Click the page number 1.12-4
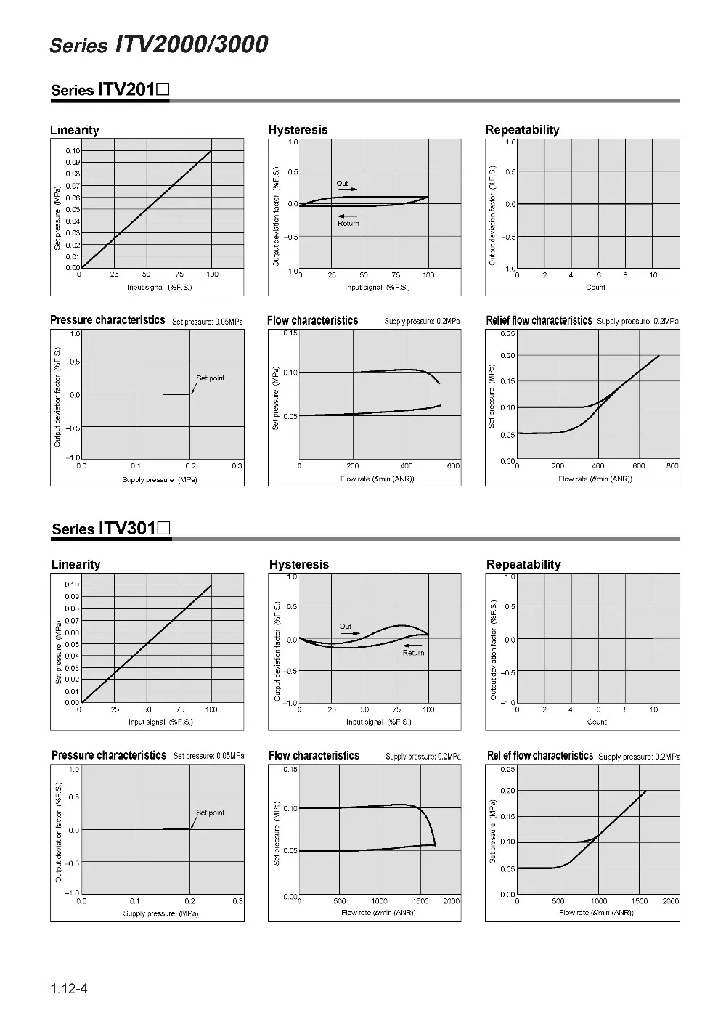[69, 988]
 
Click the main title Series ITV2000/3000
[158, 44]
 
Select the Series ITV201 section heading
[110, 89]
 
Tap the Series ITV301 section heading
[111, 528]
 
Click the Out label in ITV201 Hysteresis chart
[342, 183]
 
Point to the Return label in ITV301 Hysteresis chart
[413, 652]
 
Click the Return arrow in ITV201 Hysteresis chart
[348, 216]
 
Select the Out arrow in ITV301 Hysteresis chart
[351, 633]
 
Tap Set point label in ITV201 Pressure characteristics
[211, 378]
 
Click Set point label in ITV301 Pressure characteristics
[211, 813]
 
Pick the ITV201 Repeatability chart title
[522, 130]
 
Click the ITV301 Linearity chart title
[76, 564]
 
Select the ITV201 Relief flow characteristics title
[539, 320]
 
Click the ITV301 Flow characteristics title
[314, 755]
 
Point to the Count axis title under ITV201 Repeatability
[595, 288]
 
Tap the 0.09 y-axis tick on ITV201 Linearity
[73, 162]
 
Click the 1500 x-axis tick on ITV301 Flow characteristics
[420, 901]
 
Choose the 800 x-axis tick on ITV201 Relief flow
[672, 466]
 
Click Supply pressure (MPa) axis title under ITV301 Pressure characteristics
[160, 913]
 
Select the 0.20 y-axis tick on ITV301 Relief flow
[507, 791]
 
